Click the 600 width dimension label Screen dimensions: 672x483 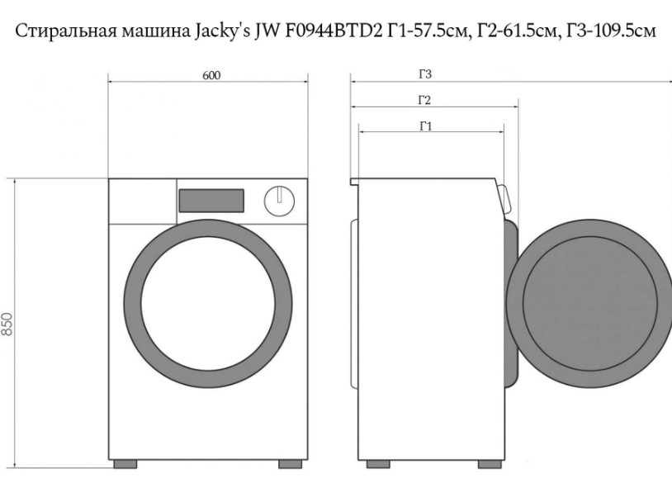[x=211, y=75]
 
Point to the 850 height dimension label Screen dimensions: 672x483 [x=7, y=324]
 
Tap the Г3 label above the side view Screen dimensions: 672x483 [x=425, y=74]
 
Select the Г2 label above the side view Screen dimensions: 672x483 [x=424, y=100]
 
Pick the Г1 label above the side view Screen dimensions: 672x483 [x=425, y=126]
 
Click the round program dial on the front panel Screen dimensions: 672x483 [x=279, y=201]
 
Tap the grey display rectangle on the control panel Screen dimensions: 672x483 [x=211, y=201]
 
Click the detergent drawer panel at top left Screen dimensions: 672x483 [x=143, y=201]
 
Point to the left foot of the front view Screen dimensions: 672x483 [x=125, y=464]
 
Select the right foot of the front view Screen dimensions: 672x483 [x=290, y=464]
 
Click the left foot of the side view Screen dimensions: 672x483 [x=378, y=464]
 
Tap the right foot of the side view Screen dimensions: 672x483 [x=490, y=464]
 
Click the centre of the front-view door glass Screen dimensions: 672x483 [x=208, y=304]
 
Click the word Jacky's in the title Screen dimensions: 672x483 [x=222, y=31]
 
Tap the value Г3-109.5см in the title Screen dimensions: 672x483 [x=611, y=31]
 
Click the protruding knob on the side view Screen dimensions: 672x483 [x=504, y=199]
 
